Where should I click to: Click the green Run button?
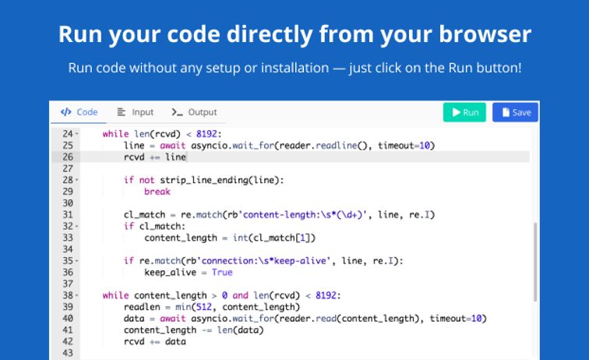[x=464, y=112]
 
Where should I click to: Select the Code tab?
[x=79, y=112]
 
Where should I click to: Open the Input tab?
[x=136, y=112]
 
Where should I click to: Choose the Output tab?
[x=194, y=112]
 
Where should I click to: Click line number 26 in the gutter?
[x=68, y=157]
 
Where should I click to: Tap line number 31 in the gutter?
[x=68, y=214]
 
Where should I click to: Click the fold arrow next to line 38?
[x=76, y=295]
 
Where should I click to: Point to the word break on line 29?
[x=157, y=192]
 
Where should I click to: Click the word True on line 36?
[x=222, y=273]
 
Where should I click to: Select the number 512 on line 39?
[x=204, y=307]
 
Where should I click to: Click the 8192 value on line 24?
[x=206, y=134]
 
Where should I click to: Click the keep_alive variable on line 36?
[x=170, y=273]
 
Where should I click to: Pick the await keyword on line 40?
[x=173, y=319]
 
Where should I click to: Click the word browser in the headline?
[x=485, y=34]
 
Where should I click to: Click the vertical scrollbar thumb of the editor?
[x=535, y=262]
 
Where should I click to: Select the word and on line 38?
[x=240, y=295]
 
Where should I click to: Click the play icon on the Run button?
[x=456, y=112]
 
